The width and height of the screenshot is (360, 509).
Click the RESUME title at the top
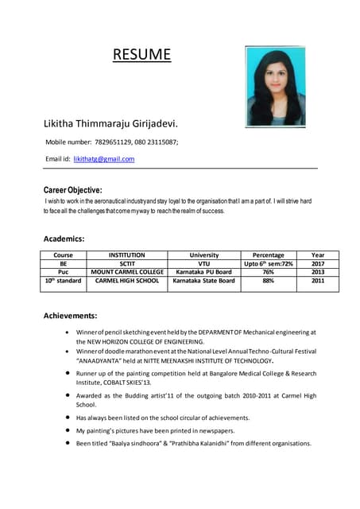point(141,54)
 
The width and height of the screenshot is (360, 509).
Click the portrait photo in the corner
point(275,85)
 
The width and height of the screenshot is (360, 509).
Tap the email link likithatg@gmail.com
point(103,159)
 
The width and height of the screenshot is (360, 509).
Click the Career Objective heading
point(72,190)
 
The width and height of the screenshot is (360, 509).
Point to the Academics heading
point(64,238)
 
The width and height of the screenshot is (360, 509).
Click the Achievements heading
point(70,316)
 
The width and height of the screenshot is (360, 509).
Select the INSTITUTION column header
point(126,255)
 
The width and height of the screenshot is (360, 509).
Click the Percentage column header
point(268,255)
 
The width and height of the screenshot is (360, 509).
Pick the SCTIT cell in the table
point(126,263)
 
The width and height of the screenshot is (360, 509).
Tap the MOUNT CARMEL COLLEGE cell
point(126,271)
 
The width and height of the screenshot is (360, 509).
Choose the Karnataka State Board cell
point(203,281)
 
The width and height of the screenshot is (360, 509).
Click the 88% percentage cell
point(268,281)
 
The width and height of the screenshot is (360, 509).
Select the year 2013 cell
point(318,271)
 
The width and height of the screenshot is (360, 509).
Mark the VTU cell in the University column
point(203,263)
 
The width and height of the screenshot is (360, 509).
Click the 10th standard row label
point(63,281)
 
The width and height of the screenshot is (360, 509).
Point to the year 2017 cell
point(318,263)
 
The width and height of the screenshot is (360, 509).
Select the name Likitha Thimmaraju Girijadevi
point(110,124)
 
